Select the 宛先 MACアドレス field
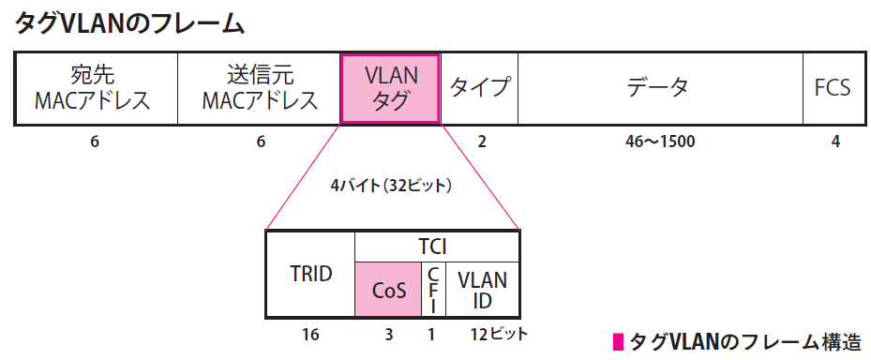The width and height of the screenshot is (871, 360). pyautogui.click(x=95, y=88)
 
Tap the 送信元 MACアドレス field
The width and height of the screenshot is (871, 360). pyautogui.click(x=259, y=88)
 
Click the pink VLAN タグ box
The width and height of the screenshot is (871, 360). pyautogui.click(x=390, y=88)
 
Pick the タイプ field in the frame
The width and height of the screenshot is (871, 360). pyautogui.click(x=479, y=88)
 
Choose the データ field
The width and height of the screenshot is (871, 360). pyautogui.click(x=659, y=88)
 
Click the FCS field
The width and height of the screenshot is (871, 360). pyautogui.click(x=833, y=88)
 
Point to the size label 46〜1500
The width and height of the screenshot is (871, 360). pyautogui.click(x=660, y=142)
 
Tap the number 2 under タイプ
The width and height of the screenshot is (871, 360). pyautogui.click(x=482, y=142)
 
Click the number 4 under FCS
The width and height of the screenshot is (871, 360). pyautogui.click(x=835, y=142)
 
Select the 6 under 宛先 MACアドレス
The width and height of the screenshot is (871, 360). pyautogui.click(x=95, y=142)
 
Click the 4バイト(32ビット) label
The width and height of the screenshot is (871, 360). pyautogui.click(x=391, y=187)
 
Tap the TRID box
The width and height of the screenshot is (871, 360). pyautogui.click(x=310, y=274)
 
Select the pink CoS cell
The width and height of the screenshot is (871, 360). pyautogui.click(x=387, y=290)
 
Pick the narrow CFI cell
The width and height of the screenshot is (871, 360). pyautogui.click(x=431, y=290)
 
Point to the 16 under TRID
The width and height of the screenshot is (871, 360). pyautogui.click(x=310, y=334)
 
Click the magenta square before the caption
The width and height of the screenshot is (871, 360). pyautogui.click(x=616, y=340)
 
